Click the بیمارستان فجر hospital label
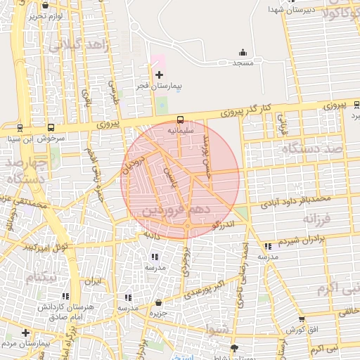[x=159, y=86]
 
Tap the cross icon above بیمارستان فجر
[x=159, y=75]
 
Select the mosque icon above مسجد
[x=243, y=52]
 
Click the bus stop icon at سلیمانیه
[x=180, y=120]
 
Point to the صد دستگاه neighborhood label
[x=307, y=149]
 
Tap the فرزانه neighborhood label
[x=317, y=219]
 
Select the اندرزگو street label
[x=221, y=224]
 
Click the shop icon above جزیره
[x=158, y=303]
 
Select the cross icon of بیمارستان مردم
[x=26, y=333]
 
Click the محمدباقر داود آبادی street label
[x=296, y=202]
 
